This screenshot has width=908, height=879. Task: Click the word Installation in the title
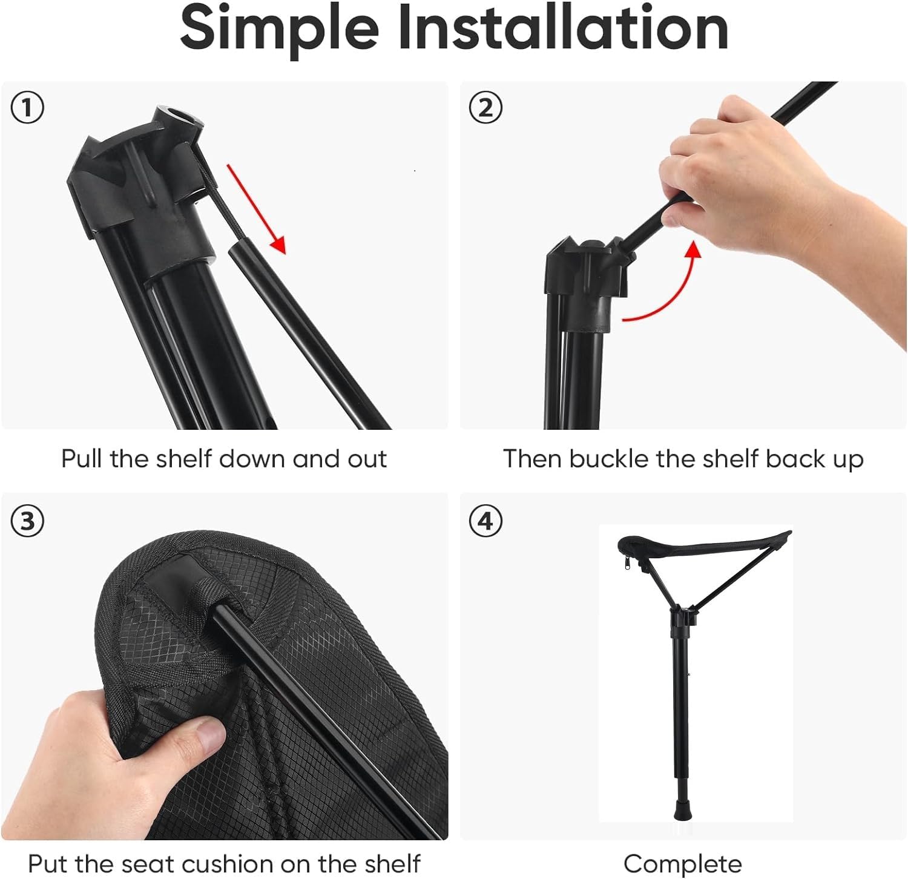pyautogui.click(x=563, y=29)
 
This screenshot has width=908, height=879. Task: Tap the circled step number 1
pyautogui.click(x=27, y=109)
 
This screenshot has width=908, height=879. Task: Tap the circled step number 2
pyautogui.click(x=485, y=109)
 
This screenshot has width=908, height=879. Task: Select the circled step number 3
pyautogui.click(x=27, y=521)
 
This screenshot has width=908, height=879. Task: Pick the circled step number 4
pyautogui.click(x=485, y=521)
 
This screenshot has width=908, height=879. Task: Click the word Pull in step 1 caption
pyautogui.click(x=82, y=459)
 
